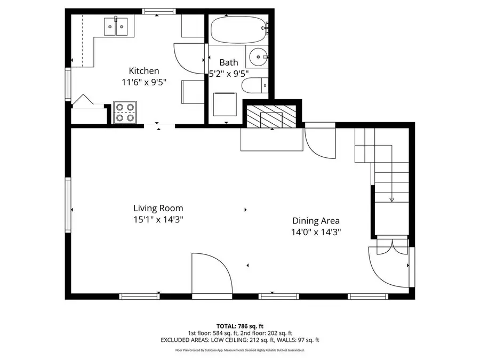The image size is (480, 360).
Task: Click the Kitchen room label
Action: click(143, 71)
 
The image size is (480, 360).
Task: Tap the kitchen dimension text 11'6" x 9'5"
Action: click(143, 82)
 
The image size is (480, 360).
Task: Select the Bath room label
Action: click(228, 62)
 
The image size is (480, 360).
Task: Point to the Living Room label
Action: click(158, 208)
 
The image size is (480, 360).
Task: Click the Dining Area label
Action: click(316, 221)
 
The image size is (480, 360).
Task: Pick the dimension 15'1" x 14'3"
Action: click(158, 219)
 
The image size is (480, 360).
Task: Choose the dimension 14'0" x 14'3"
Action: click(316, 232)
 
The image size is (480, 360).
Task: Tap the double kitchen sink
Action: click(116, 25)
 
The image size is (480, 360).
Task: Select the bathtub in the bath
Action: click(237, 29)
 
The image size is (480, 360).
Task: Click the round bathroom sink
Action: click(258, 57)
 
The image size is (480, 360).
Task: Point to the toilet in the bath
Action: click(253, 85)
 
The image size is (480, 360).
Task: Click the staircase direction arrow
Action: click(391, 199)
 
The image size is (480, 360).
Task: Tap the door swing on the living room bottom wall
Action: click(211, 273)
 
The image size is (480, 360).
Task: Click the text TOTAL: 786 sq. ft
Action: click(240, 325)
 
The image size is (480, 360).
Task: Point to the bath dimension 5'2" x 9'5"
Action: click(229, 74)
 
